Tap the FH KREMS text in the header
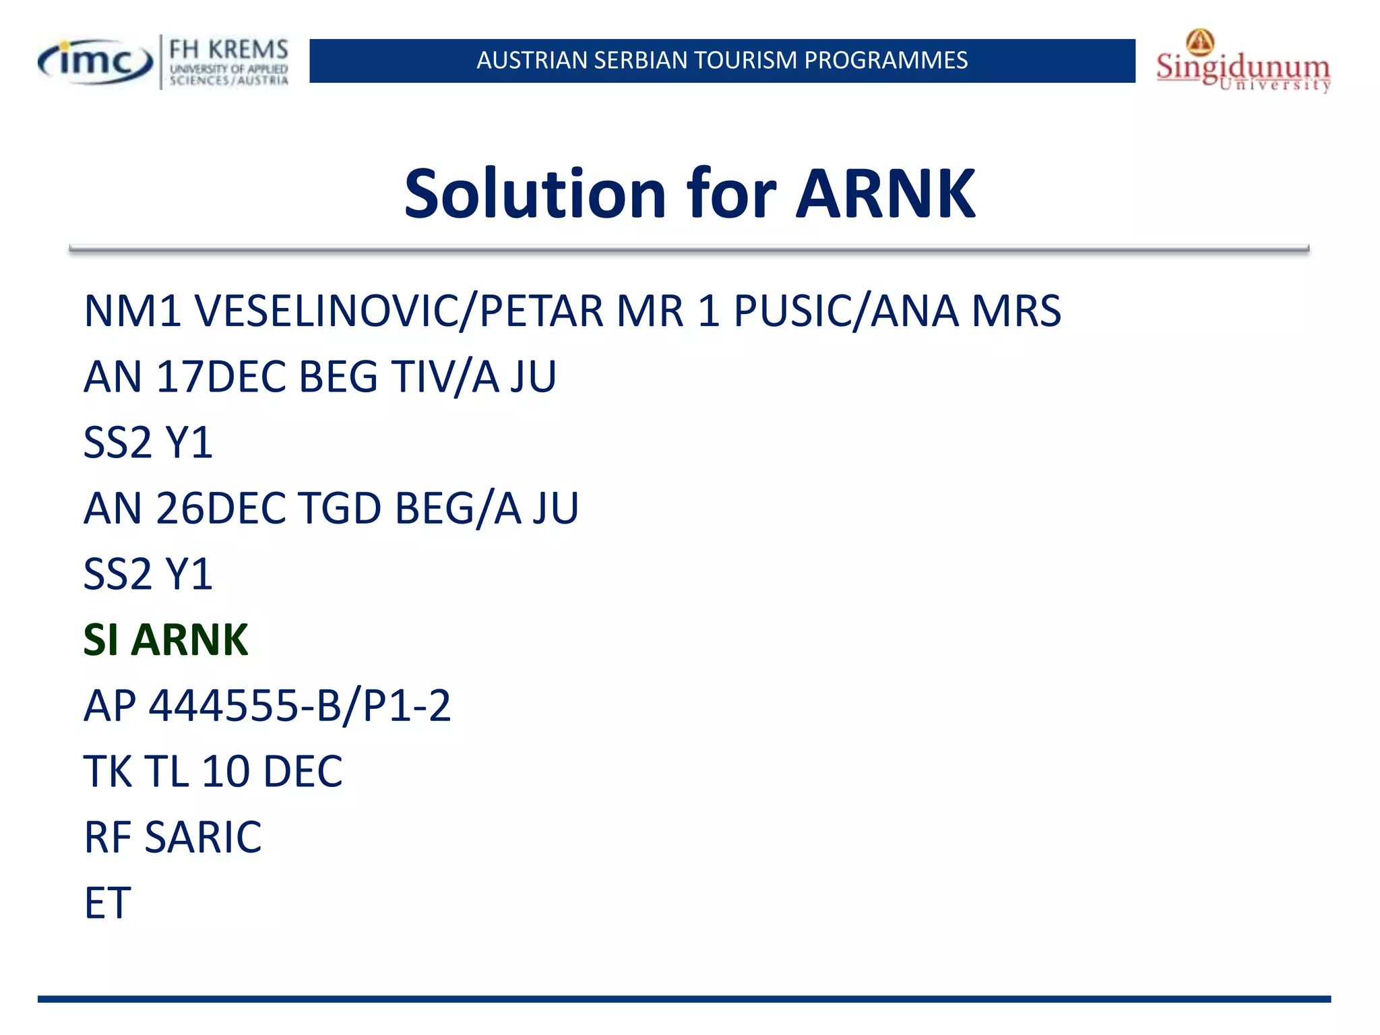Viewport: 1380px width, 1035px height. (x=228, y=50)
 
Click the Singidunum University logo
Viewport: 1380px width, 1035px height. (x=1243, y=63)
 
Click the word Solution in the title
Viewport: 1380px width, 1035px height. (x=536, y=194)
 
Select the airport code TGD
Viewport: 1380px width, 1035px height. (x=340, y=508)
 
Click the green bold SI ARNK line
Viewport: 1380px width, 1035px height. (x=166, y=639)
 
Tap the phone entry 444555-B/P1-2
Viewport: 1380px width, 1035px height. (x=299, y=705)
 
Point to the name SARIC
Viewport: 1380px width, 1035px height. (x=203, y=837)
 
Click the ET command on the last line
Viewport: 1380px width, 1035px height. (x=107, y=903)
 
